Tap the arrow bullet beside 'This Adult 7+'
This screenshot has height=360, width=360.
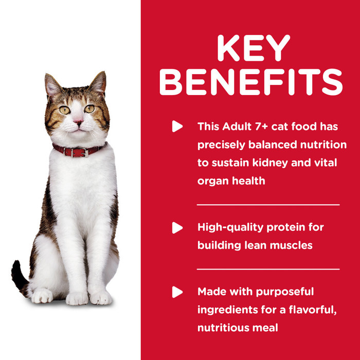177,127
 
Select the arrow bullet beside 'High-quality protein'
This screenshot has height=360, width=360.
177,227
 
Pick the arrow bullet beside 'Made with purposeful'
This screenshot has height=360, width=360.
177,292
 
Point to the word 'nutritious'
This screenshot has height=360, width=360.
224,328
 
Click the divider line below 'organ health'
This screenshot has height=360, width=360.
268,204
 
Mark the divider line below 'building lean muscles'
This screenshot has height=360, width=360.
268,269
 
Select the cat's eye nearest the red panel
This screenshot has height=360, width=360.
89,109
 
